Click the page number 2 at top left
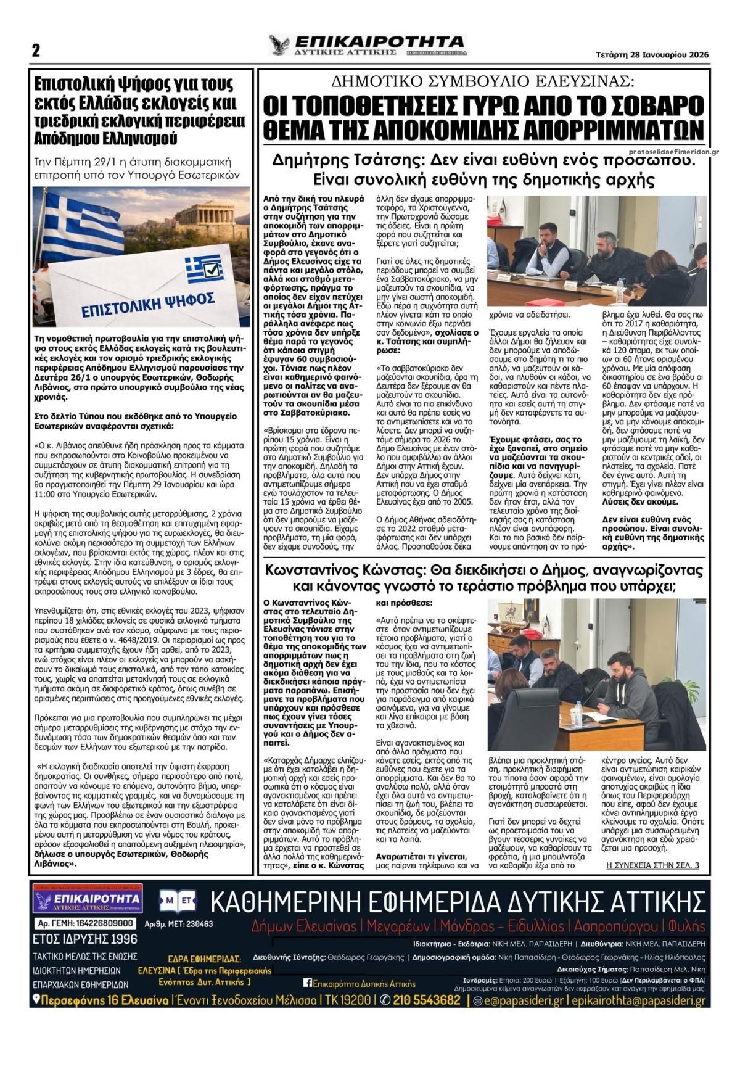click(x=36, y=51)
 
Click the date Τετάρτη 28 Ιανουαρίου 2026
click(x=652, y=54)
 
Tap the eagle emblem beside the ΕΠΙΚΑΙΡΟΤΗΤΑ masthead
click(x=279, y=45)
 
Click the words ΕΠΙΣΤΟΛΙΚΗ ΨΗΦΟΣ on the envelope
click(x=148, y=303)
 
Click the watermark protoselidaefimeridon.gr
click(x=673, y=152)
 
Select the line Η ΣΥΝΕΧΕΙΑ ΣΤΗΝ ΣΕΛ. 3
click(x=652, y=865)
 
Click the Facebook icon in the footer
click(x=307, y=983)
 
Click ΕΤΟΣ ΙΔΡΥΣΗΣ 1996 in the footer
click(x=85, y=939)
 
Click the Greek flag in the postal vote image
click(x=80, y=222)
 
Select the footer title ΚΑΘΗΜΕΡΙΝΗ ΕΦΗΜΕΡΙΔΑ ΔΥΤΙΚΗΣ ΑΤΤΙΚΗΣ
click(x=458, y=902)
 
